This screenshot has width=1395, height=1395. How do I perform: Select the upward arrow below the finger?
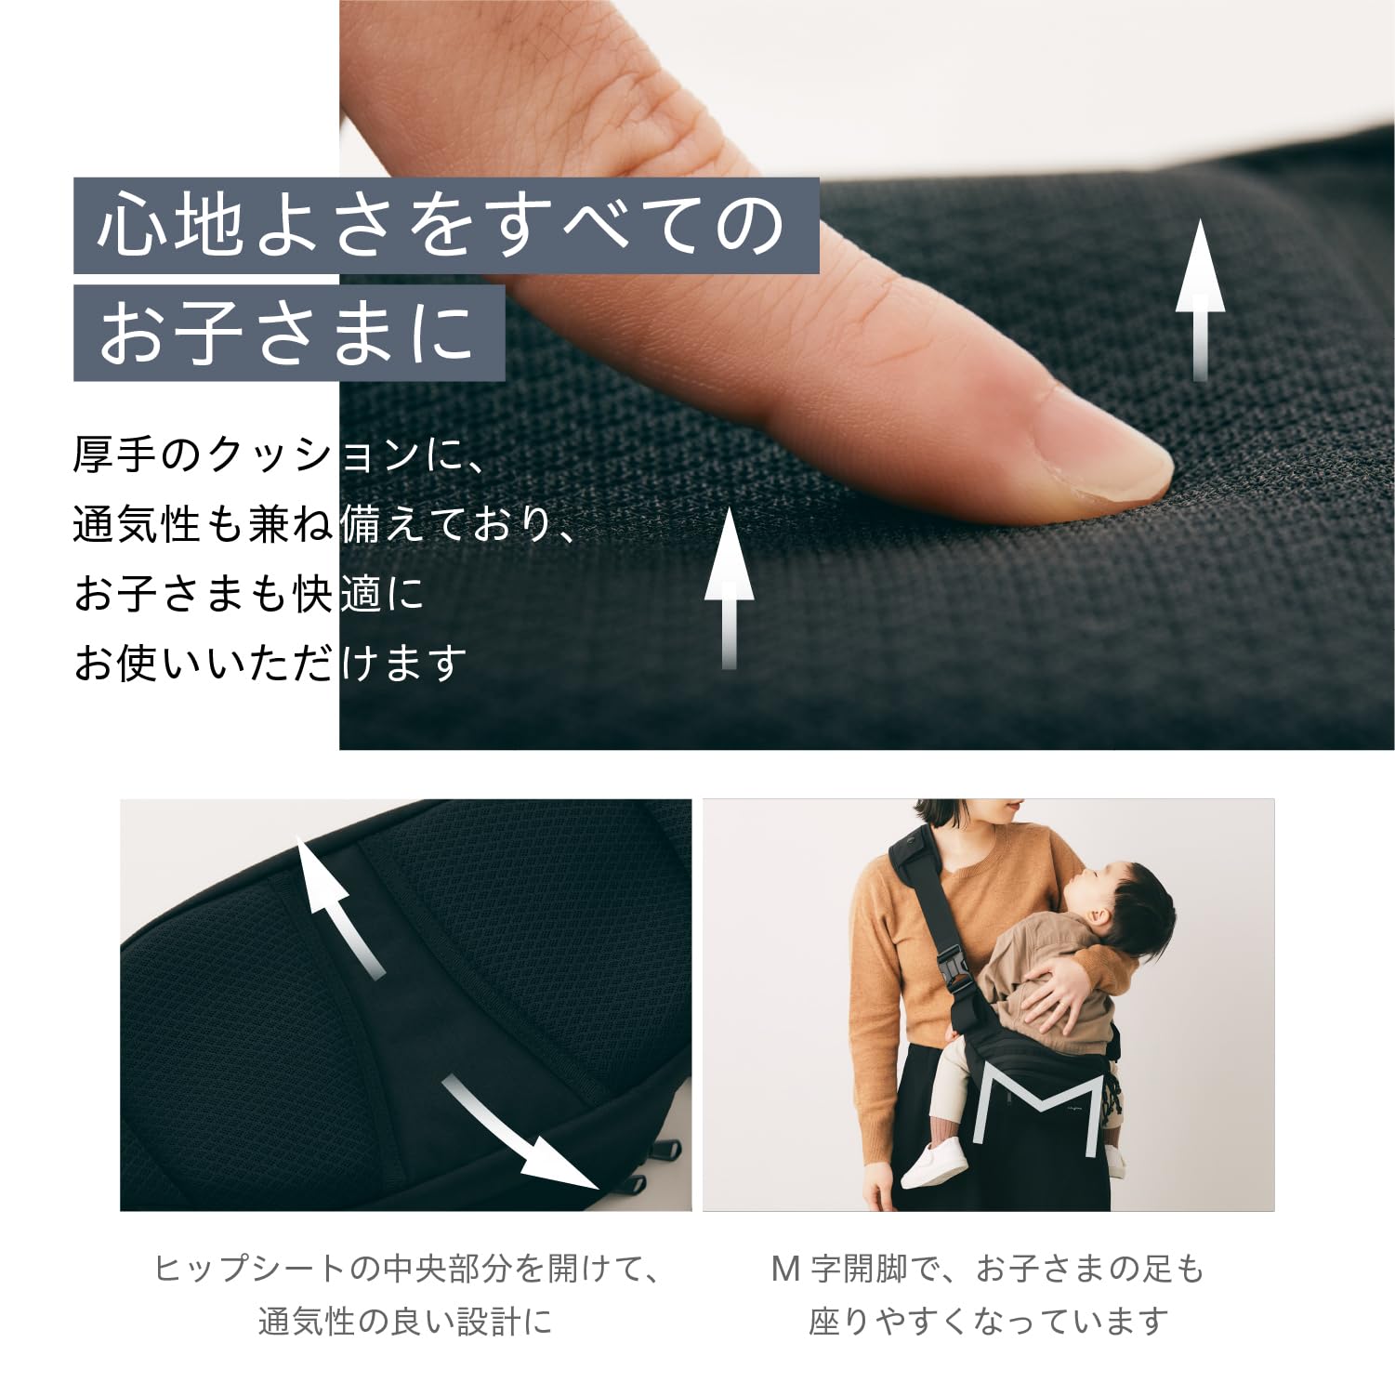click(730, 586)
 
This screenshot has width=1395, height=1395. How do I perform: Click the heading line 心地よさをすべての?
click(444, 226)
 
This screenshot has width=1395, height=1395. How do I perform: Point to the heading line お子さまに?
click(288, 333)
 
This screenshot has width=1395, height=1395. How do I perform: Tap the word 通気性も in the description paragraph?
click(158, 524)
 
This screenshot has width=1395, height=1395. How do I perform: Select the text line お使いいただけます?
click(270, 664)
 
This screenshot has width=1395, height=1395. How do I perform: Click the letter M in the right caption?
click(786, 1269)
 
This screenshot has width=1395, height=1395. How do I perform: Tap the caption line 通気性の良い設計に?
click(405, 1321)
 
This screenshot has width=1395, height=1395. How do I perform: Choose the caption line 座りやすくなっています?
click(988, 1321)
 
